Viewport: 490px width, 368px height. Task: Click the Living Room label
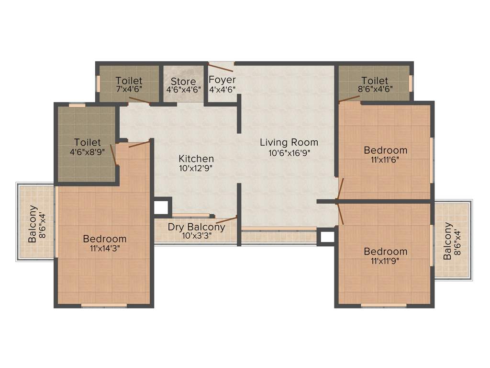(x=289, y=142)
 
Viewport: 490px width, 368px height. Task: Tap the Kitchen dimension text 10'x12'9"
(x=196, y=169)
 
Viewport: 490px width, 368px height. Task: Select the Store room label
(x=183, y=81)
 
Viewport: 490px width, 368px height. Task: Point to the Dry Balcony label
(x=196, y=227)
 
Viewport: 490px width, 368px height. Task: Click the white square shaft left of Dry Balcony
(x=161, y=207)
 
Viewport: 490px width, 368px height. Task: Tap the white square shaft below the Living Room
(x=327, y=237)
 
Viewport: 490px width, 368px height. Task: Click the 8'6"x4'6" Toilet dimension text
(x=375, y=89)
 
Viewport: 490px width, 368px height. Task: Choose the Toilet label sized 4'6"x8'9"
(x=88, y=142)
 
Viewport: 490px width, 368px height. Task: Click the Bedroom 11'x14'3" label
(x=105, y=239)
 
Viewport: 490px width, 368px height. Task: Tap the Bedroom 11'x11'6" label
(x=385, y=150)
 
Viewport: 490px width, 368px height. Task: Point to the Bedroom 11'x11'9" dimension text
(x=385, y=261)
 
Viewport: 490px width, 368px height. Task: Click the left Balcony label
(x=33, y=224)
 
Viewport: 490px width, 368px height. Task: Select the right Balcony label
(x=447, y=241)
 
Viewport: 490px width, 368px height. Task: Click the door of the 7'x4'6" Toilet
(x=138, y=101)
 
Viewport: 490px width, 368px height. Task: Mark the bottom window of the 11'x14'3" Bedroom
(x=104, y=305)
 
